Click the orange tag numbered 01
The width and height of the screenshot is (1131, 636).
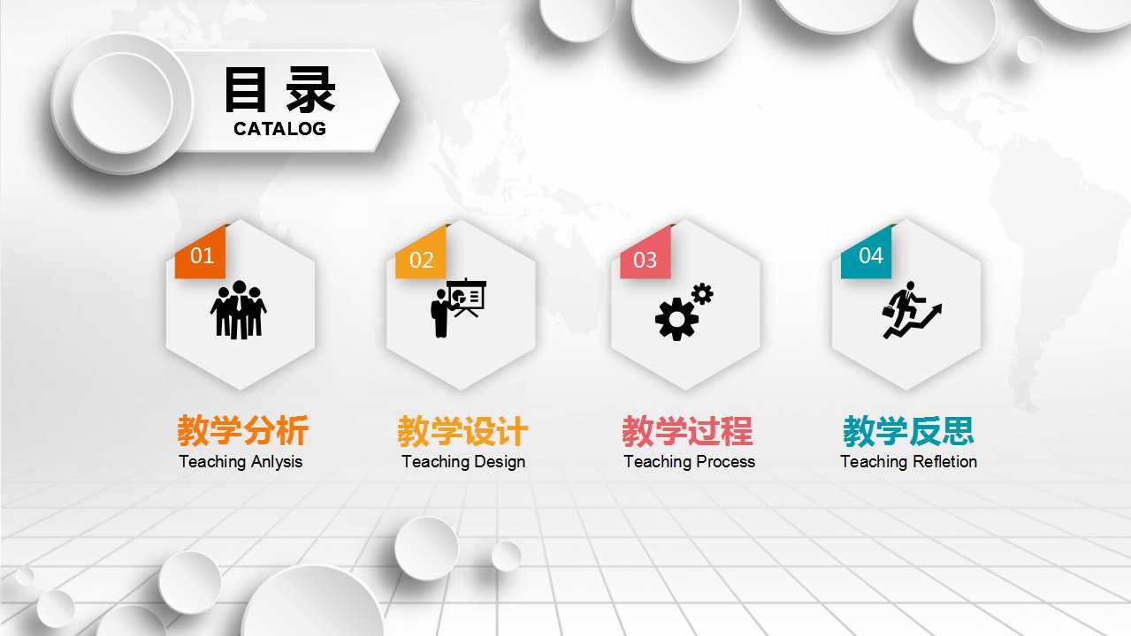coord(201,255)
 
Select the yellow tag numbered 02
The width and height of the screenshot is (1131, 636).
coord(421,259)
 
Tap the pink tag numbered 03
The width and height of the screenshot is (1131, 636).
coord(646,259)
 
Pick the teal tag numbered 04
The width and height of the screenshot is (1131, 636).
coord(868,255)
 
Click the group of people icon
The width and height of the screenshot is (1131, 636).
coord(238,310)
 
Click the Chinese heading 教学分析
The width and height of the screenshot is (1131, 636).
coord(242,431)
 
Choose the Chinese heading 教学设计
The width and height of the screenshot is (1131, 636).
coord(462,431)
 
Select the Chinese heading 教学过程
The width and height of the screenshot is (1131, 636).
coord(687,431)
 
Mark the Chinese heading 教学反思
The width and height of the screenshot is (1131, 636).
coord(908,431)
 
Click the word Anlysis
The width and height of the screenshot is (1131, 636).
coord(277,462)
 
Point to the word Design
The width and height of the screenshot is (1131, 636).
coord(500,462)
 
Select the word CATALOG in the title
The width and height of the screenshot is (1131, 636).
coord(279,129)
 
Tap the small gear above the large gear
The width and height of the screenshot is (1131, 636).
coord(702,293)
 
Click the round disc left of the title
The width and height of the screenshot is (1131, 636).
coord(122,102)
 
